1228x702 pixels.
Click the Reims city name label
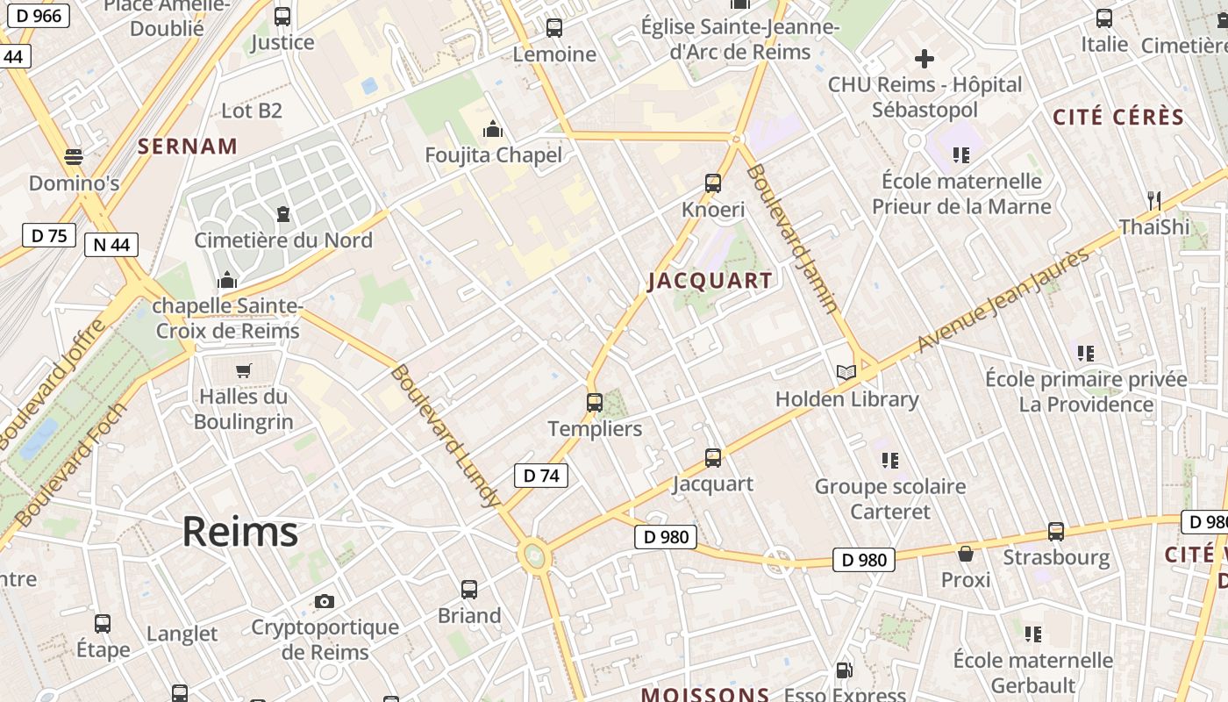click(239, 532)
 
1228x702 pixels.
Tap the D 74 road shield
click(540, 476)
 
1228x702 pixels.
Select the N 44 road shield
click(111, 245)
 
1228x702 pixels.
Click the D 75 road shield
click(49, 235)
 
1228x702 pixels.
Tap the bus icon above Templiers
click(595, 403)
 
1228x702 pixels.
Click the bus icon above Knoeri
click(713, 183)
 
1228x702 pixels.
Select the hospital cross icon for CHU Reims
click(925, 59)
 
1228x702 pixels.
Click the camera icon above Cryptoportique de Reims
click(325, 601)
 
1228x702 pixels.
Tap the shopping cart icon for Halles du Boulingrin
click(243, 370)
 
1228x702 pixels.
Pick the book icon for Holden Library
click(846, 373)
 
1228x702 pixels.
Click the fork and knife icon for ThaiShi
click(1154, 201)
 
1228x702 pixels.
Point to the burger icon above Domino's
click(74, 157)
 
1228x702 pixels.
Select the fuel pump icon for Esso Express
click(844, 670)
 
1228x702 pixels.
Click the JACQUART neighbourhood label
click(710, 281)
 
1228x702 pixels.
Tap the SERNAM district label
click(188, 147)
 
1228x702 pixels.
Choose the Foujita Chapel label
click(493, 155)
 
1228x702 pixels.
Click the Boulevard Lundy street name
click(445, 436)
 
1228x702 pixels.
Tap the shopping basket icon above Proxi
click(966, 554)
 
